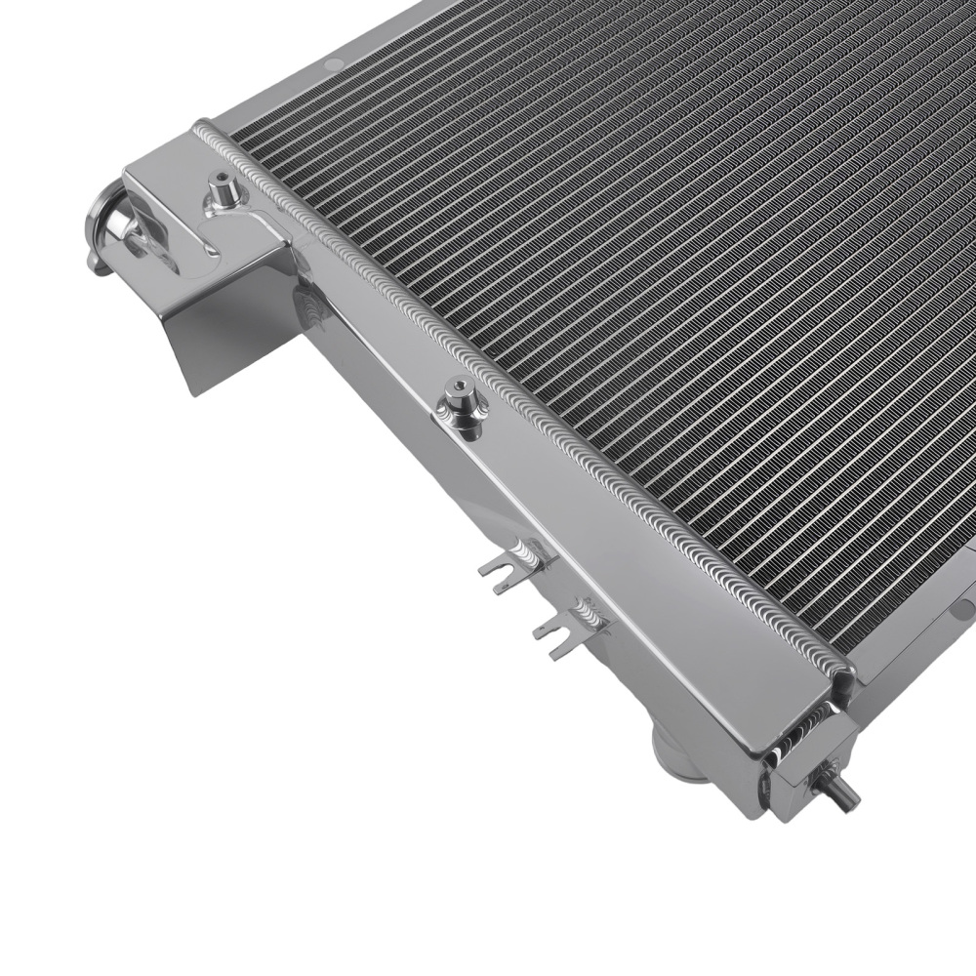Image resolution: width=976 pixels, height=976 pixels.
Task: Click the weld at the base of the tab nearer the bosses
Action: pyautogui.click(x=536, y=557)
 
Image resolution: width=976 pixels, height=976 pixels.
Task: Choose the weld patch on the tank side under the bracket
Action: pyautogui.click(x=312, y=307)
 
